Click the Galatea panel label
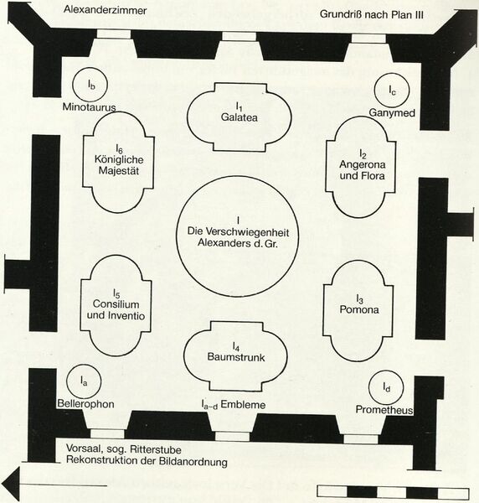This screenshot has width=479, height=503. click(239, 117)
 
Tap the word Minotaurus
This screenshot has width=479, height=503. click(89, 106)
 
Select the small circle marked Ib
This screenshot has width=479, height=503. click(90, 85)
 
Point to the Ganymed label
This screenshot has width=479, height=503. click(392, 112)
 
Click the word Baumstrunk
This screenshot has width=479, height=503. click(236, 357)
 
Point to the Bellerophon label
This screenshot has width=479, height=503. click(86, 403)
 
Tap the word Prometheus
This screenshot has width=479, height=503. click(384, 410)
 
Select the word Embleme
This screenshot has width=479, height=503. click(243, 405)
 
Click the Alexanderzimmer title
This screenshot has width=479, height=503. click(105, 9)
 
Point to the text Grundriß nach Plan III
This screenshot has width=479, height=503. click(372, 14)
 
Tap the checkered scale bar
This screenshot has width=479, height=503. click(393, 492)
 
